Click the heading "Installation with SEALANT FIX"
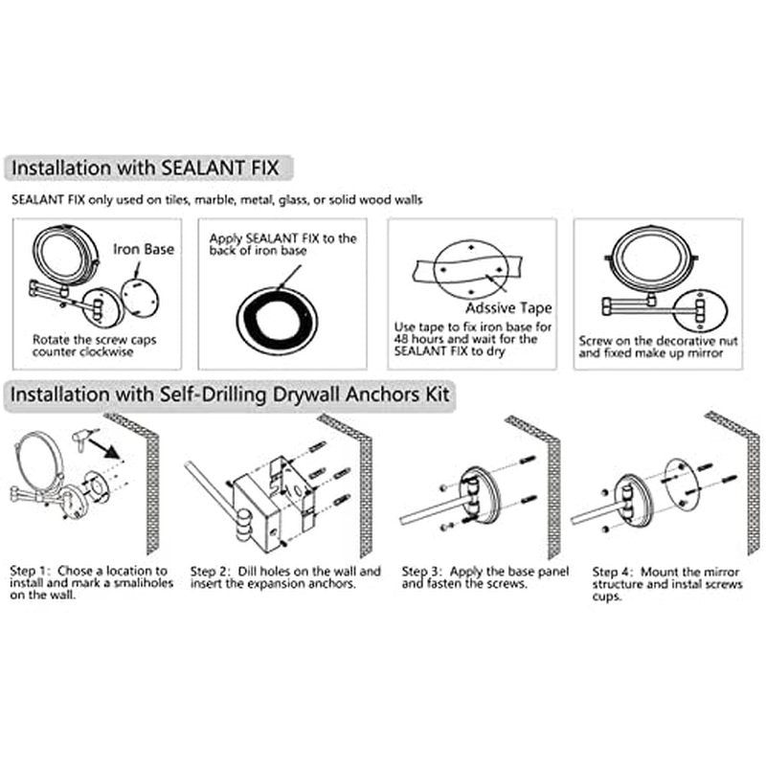(146, 169)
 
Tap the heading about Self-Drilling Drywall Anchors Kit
(230, 394)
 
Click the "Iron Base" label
(144, 249)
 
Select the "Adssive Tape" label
(508, 308)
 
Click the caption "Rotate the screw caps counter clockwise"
(94, 346)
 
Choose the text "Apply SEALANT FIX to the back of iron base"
(282, 244)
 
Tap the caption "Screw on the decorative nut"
(658, 341)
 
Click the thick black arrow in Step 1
(105, 446)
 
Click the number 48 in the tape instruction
(401, 339)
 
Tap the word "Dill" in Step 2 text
(247, 571)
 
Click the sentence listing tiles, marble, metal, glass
(217, 200)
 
